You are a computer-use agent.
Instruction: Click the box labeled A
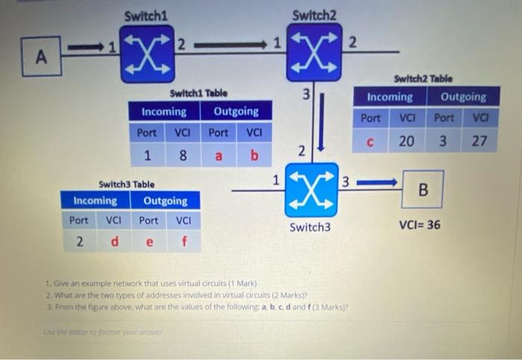tap(40, 57)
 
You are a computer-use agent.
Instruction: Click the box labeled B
tap(423, 189)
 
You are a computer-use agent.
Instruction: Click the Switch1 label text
tap(146, 15)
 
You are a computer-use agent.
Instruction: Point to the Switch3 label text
tap(309, 227)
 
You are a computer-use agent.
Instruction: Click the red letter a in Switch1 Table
tap(218, 156)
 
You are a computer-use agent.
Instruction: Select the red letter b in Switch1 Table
tap(254, 156)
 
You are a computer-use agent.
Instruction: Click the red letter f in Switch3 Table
tap(183, 242)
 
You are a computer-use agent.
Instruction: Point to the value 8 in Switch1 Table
tap(182, 156)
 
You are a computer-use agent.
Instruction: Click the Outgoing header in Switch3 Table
tap(165, 200)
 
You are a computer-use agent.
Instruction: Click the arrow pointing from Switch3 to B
tap(381, 180)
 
